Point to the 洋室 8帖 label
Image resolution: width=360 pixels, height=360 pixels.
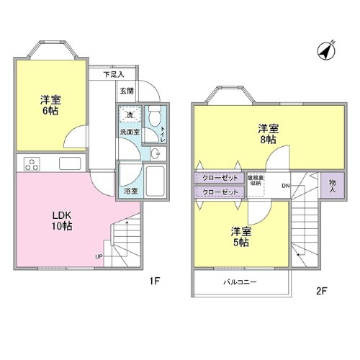click(268, 135)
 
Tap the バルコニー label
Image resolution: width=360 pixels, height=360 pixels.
click(240, 282)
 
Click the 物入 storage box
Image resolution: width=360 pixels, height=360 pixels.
click(333, 186)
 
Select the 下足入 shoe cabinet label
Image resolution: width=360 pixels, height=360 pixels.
click(113, 73)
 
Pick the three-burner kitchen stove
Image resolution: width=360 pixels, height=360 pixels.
click(32, 163)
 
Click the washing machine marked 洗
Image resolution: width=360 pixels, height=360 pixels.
click(130, 116)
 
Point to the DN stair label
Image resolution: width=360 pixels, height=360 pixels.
click(285, 186)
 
